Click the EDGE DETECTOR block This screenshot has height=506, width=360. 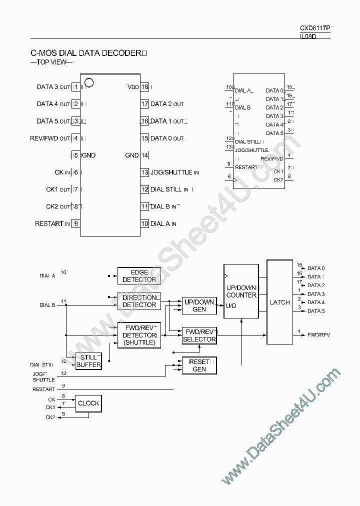(139, 275)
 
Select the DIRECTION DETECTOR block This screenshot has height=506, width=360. (139, 301)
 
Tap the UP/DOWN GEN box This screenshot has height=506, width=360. (199, 305)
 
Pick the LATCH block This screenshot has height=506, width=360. (279, 302)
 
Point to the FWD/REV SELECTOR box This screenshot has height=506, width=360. (199, 335)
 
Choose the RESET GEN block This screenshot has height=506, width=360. (199, 365)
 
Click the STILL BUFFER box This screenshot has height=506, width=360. (88, 361)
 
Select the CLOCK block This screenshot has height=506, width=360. (88, 403)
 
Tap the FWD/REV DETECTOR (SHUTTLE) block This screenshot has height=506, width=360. (139, 334)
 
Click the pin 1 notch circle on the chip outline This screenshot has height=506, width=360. (89, 82)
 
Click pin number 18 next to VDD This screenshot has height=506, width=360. (145, 87)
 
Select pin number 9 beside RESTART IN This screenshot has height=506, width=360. (76, 223)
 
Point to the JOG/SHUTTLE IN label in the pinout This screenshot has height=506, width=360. (174, 172)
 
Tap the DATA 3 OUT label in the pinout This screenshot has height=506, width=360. (53, 87)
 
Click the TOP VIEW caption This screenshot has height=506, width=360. (51, 62)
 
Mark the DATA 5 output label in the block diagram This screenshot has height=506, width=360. (316, 311)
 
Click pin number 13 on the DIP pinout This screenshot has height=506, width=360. (145, 172)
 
